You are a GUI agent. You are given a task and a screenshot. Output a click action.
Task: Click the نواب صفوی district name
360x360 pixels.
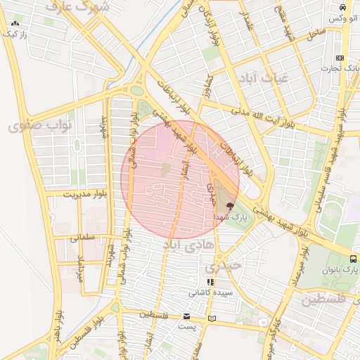tap(40, 126)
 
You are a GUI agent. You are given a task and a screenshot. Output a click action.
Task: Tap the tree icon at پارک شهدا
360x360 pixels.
tap(231, 206)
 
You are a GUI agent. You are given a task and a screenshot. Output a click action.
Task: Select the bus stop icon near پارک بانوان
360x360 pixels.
tap(353, 258)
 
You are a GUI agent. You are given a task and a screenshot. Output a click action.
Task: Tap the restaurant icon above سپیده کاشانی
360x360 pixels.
tap(210, 281)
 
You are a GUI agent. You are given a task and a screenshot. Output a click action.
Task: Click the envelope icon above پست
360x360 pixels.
tap(186, 316)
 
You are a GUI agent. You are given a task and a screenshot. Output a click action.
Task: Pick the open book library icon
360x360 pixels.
tap(212, 319)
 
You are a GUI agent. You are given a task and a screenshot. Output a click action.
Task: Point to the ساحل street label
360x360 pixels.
tap(314, 33)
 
